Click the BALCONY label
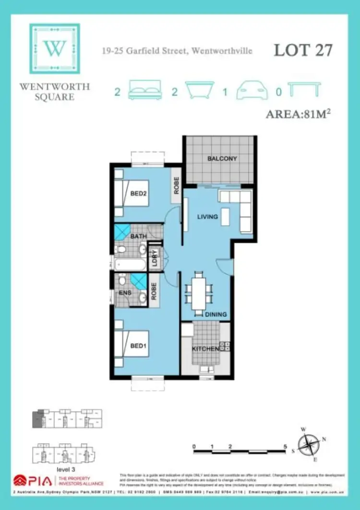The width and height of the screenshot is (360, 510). tap(222, 158)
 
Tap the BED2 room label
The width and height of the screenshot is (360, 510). tap(138, 194)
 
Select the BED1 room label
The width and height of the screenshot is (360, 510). tap(138, 347)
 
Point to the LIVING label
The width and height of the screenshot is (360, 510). tap(207, 217)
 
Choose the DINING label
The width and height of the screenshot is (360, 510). tap(216, 315)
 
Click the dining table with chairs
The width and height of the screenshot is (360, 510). tap(199, 291)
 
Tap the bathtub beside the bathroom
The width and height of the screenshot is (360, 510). tap(129, 264)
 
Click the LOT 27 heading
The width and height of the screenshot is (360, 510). tap(303, 50)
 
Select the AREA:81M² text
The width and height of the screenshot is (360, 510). tap(300, 115)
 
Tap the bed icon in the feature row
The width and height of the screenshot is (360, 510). tap(144, 90)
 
